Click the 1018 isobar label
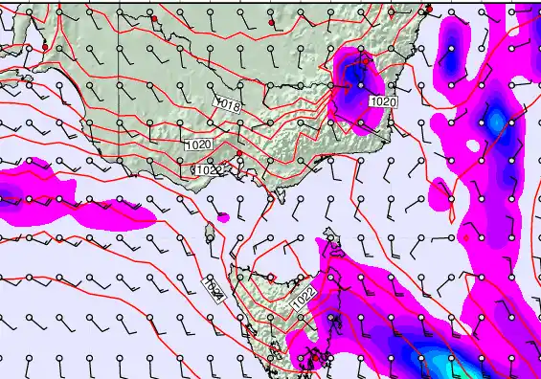point(228,102)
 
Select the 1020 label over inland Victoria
point(198,145)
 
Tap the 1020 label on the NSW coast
point(383,100)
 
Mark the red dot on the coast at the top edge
point(429,9)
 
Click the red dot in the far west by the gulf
point(44,46)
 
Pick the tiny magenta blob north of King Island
point(223,217)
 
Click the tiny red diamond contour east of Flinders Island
point(467,236)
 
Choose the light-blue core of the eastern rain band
point(495,122)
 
